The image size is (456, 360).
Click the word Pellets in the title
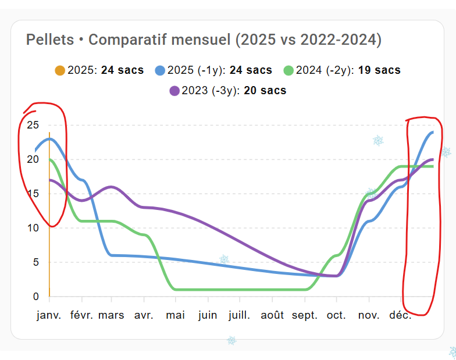(50, 40)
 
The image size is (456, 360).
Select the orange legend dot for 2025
(60, 70)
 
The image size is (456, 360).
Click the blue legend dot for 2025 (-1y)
(160, 70)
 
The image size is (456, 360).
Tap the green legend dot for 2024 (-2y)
(288, 70)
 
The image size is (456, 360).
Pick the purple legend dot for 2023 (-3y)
(174, 91)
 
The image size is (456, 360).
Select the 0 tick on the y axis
(35, 297)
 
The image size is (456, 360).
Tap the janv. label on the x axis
(49, 315)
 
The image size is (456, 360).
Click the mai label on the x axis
(175, 315)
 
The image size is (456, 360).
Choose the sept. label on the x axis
(304, 315)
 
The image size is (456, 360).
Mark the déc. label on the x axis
(400, 315)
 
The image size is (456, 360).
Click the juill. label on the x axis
(239, 315)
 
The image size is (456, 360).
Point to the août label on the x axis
(272, 315)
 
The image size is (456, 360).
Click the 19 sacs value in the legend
(379, 70)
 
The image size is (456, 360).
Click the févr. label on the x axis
(81, 315)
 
